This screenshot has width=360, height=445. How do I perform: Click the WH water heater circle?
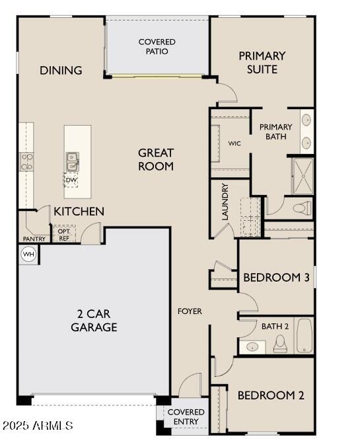(x=28, y=254)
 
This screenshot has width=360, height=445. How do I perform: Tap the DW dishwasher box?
(x=71, y=180)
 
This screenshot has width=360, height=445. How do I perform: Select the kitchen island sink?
(x=72, y=162)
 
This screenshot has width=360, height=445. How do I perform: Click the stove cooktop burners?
(x=26, y=162)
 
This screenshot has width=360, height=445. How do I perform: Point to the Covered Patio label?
(x=157, y=46)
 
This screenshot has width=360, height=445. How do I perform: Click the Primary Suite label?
(x=262, y=62)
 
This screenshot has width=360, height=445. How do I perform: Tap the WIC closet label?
(x=234, y=143)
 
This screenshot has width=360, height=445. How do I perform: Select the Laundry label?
(x=225, y=202)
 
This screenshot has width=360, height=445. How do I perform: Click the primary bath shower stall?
(x=303, y=177)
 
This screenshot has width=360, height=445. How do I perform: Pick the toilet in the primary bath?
(x=303, y=208)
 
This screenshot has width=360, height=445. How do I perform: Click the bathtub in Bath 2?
(x=305, y=336)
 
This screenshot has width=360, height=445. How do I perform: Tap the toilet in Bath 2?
(x=280, y=344)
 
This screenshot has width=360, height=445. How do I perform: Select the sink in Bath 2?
(x=252, y=346)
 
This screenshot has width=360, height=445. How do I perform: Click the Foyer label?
(x=190, y=311)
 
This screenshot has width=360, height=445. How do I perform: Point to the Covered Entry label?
(x=186, y=417)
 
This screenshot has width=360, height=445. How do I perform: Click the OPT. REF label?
(x=64, y=235)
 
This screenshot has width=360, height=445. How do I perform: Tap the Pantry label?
(x=34, y=239)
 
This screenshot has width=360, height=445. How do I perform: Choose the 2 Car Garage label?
(x=94, y=321)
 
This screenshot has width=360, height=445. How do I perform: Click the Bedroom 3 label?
(x=276, y=277)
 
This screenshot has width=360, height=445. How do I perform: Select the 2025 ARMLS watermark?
(x=38, y=425)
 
